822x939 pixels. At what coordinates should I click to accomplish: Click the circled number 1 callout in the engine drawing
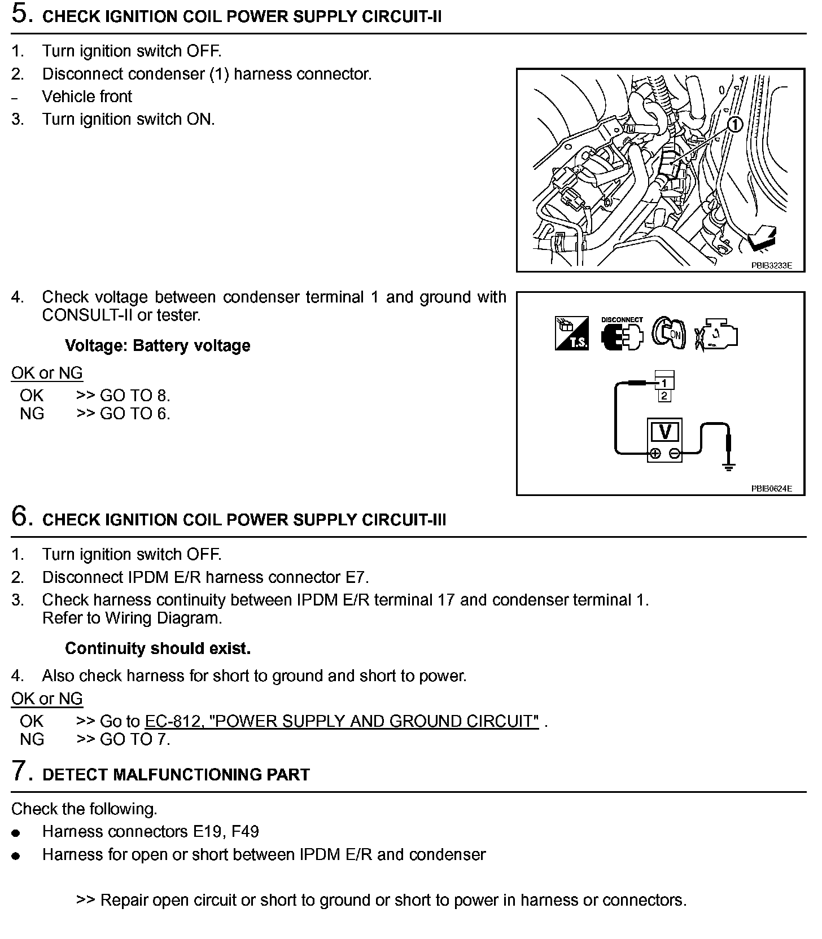(x=734, y=124)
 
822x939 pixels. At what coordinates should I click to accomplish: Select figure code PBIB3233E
(x=771, y=265)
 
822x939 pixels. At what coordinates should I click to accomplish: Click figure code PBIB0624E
(x=771, y=488)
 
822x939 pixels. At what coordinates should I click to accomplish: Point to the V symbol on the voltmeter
(x=665, y=432)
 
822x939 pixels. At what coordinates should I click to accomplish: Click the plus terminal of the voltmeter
(x=655, y=453)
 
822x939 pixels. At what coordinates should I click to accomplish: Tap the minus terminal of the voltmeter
(x=674, y=453)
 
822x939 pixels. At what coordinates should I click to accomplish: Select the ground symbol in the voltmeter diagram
(x=729, y=467)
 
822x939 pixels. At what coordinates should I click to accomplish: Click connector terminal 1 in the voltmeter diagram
(x=664, y=383)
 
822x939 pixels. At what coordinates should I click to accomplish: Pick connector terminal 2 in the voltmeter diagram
(x=664, y=396)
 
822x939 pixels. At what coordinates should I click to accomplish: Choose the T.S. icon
(x=571, y=334)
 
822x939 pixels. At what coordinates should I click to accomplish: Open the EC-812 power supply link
(x=342, y=721)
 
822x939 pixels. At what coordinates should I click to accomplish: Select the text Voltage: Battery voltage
(x=158, y=345)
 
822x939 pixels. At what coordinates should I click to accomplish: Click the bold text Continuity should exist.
(x=158, y=648)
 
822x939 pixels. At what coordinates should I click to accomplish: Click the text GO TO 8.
(x=134, y=395)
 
